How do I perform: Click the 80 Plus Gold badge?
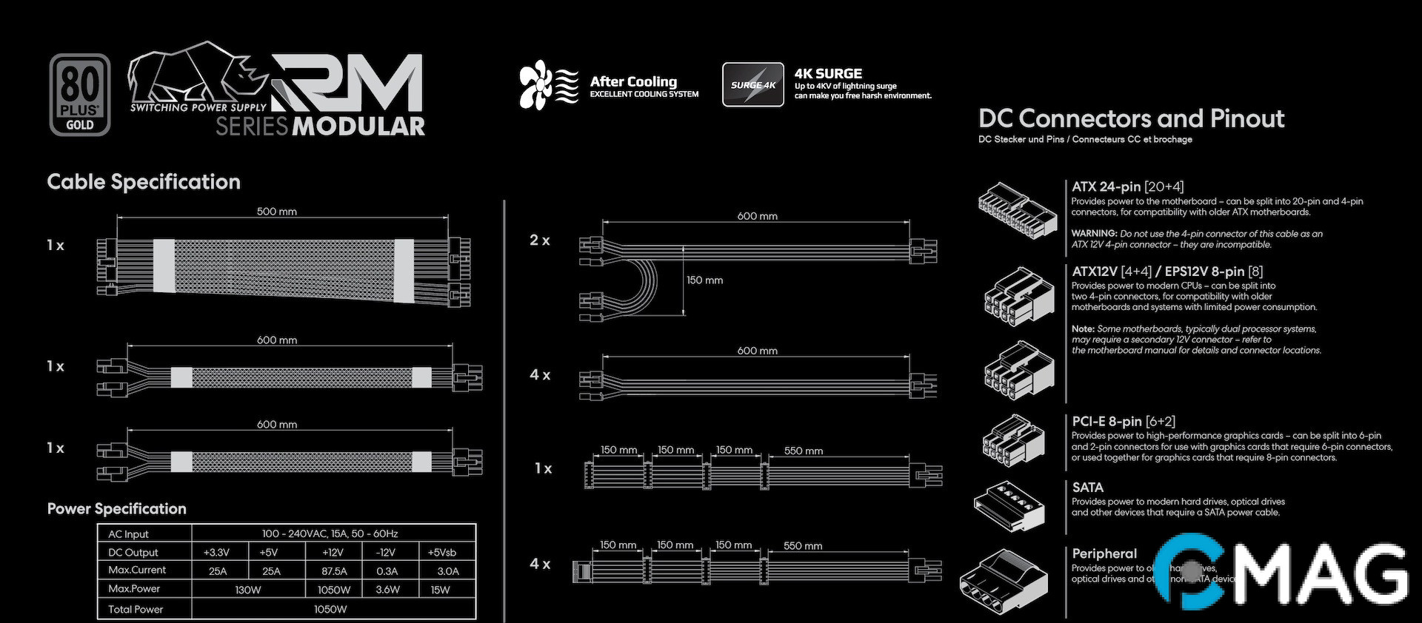tap(80, 95)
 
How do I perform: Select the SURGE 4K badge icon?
tap(752, 84)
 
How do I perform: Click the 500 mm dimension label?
tap(276, 212)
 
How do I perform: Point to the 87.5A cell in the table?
tap(334, 571)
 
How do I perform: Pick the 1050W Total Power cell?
tap(330, 609)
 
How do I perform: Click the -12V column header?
tap(386, 552)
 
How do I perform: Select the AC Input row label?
tap(129, 534)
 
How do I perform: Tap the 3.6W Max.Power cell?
tap(387, 590)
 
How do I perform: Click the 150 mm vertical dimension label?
tap(704, 280)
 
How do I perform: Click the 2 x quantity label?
tap(540, 240)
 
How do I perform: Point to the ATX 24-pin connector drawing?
tap(1017, 210)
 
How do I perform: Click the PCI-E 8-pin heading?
tap(1107, 422)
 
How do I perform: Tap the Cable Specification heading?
tap(144, 182)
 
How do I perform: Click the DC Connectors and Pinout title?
tap(1131, 118)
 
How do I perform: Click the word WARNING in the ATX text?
tap(1094, 234)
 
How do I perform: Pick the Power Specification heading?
tap(116, 509)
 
